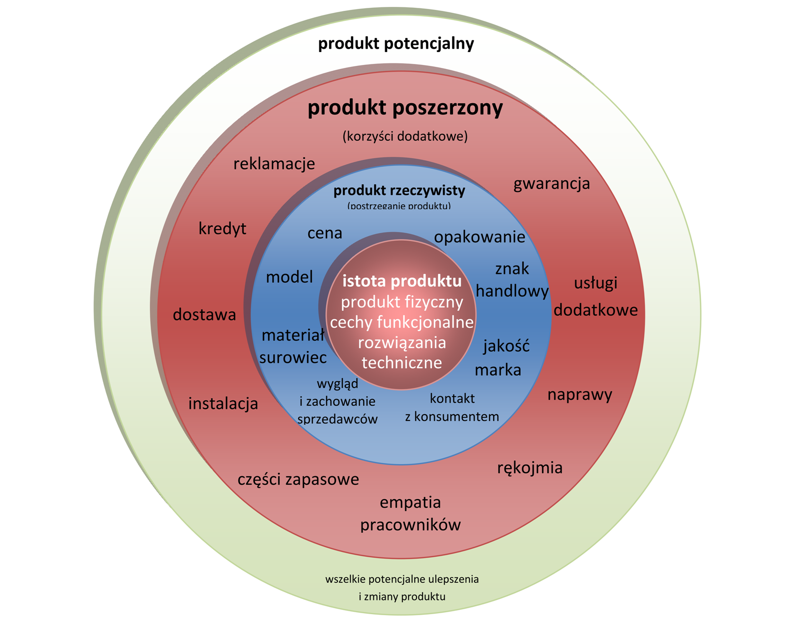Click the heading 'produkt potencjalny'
pos(396,44)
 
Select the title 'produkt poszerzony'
pos(405,108)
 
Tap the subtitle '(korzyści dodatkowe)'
pos(405,136)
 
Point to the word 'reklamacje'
pos(274,164)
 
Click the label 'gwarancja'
pos(552,184)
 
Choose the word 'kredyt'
pos(223,229)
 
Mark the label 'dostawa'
pos(204,315)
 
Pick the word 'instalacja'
pos(223,404)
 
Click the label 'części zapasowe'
pos(298,479)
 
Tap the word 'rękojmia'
pos(530,468)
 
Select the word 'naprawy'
pos(580,395)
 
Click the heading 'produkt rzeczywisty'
pos(399,190)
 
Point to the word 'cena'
pos(325,233)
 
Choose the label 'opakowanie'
pos(479,237)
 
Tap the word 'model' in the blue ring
pos(289,277)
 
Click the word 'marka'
pos(498,370)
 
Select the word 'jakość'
pos(506,346)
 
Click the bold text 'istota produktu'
pos(402,281)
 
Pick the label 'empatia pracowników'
pos(410,513)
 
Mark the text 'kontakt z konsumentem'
pos(452,408)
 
